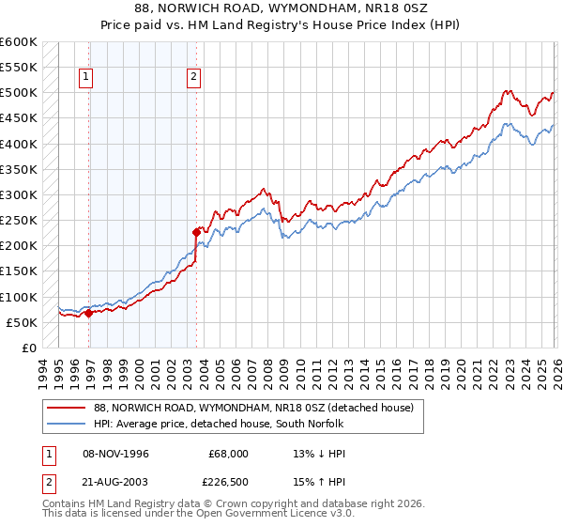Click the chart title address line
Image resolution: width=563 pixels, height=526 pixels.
coord(281,8)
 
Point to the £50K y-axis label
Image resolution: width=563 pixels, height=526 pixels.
coord(22,322)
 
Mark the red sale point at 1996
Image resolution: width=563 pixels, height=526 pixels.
coord(88,313)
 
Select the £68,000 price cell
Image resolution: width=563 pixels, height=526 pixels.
coord(228,453)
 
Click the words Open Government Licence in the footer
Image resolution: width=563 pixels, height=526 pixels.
coord(248,515)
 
